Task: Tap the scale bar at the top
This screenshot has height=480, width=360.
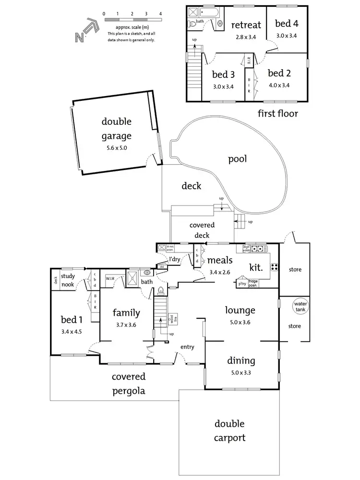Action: pyautogui.click(x=132, y=20)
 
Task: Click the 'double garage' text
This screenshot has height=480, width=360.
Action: pyautogui.click(x=116, y=129)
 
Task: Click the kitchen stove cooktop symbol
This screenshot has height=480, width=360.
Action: pyautogui.click(x=275, y=267)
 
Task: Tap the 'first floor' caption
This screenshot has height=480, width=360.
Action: pyautogui.click(x=278, y=114)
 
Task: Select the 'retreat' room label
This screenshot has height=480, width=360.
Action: pyautogui.click(x=246, y=25)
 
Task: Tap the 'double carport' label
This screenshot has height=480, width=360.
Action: pyautogui.click(x=229, y=431)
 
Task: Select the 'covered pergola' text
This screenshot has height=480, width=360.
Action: pyautogui.click(x=129, y=384)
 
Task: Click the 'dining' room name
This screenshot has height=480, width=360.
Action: pyautogui.click(x=241, y=361)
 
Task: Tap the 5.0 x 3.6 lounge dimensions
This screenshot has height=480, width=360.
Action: pyautogui.click(x=241, y=323)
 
